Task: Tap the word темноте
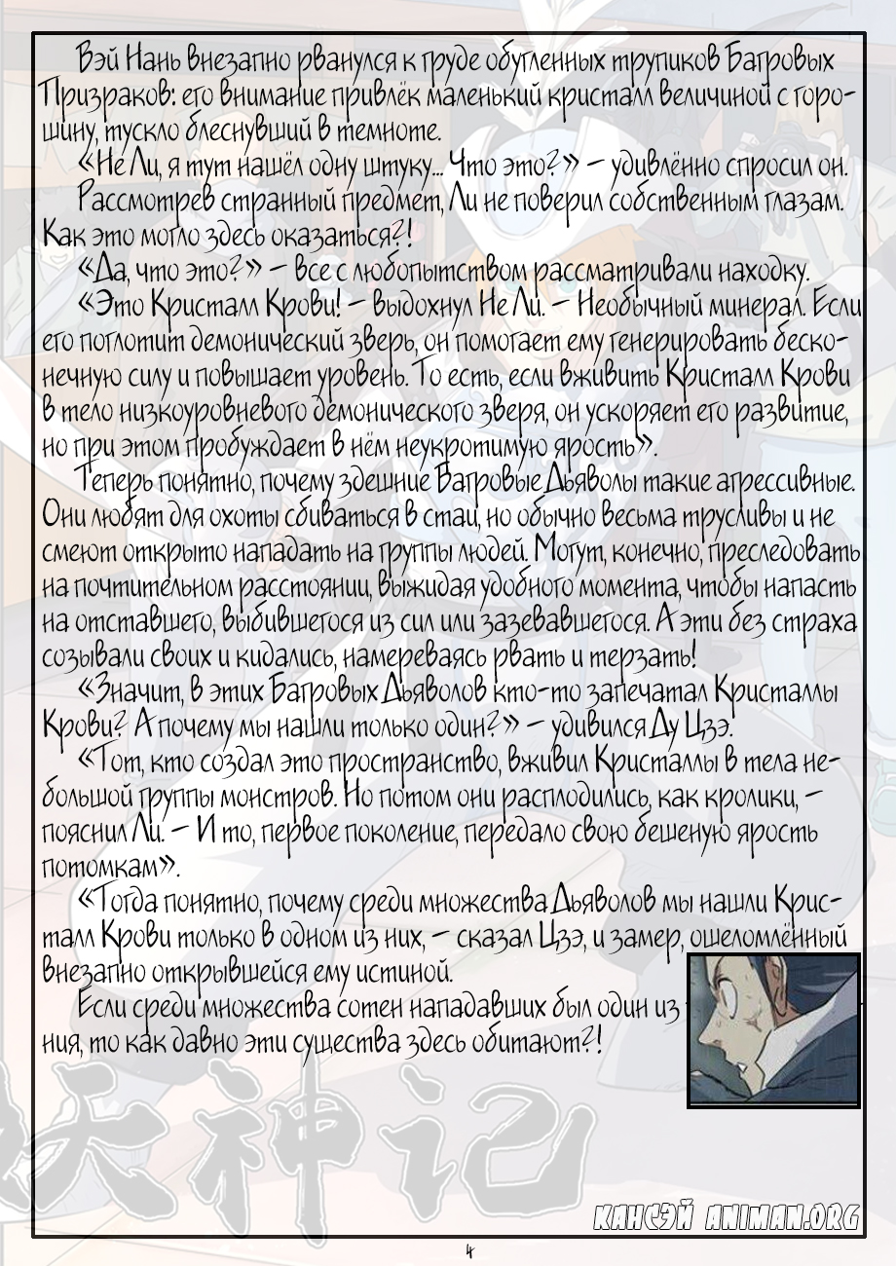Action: coord(393,130)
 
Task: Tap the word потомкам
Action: coord(105,867)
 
